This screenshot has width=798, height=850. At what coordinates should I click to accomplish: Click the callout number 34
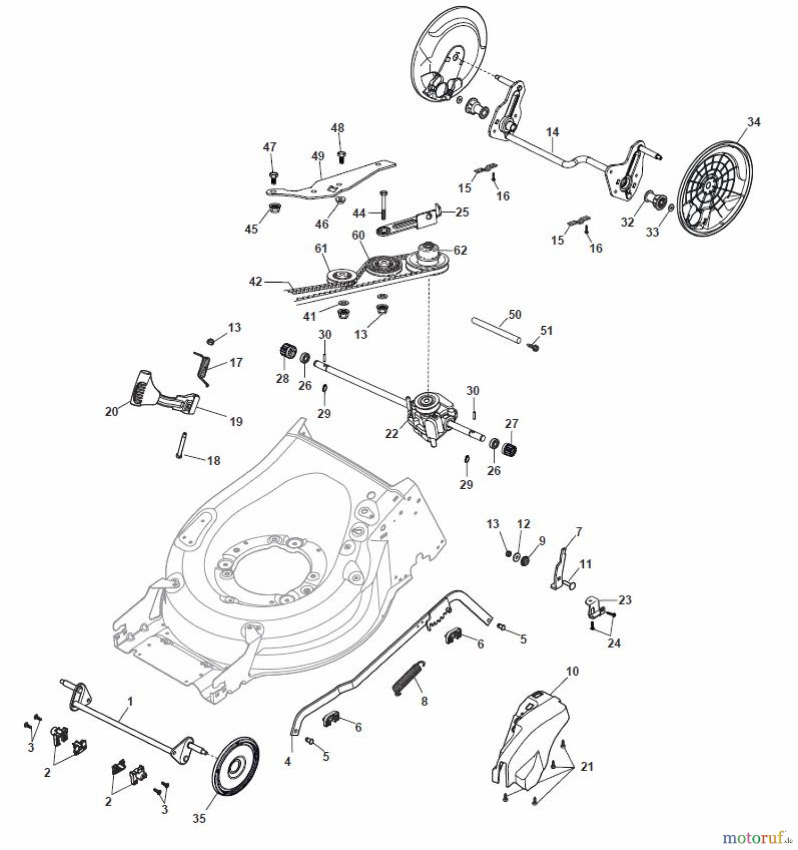coord(754,122)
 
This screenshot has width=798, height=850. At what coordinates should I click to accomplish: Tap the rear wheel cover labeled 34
coord(714,188)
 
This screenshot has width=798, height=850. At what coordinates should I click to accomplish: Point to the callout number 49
coord(318,156)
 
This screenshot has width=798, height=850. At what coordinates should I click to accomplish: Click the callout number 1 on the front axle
coord(131,702)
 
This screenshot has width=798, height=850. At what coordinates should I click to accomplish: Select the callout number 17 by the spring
coord(236,362)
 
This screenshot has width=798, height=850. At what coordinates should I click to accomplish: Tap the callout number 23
coord(624,600)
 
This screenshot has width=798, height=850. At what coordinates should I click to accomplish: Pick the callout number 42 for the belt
coord(255,281)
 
